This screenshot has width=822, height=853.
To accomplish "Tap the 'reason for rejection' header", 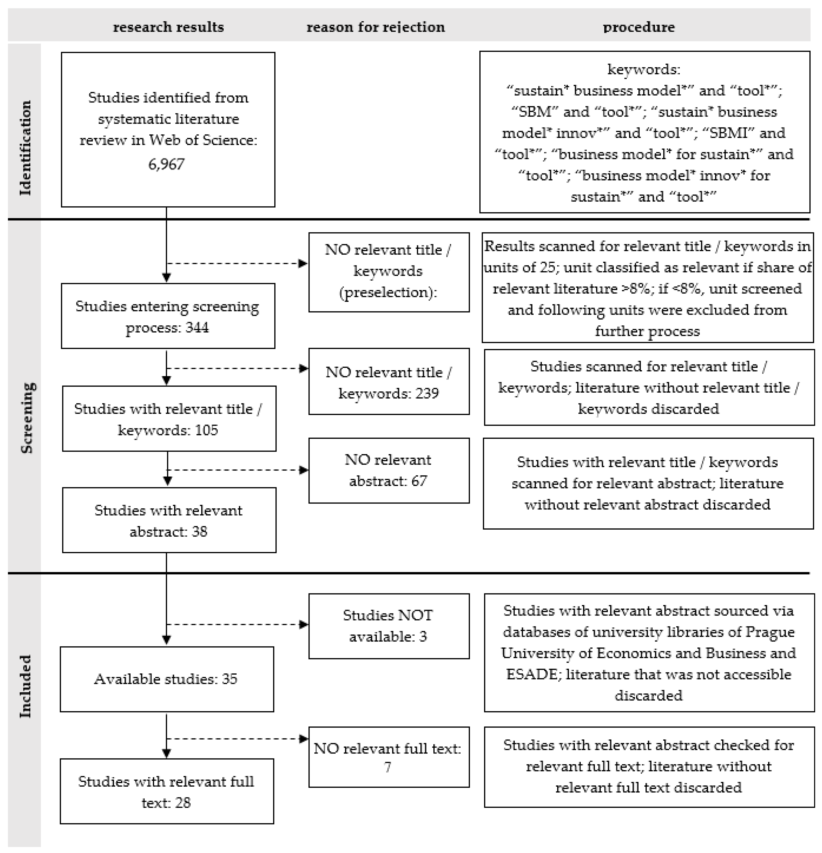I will coord(375,27).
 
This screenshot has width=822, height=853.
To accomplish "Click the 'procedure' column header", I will coord(638,27).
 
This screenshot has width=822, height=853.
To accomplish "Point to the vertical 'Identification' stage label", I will coord(25,148).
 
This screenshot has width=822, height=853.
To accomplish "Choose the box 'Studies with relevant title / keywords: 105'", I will coord(169,419).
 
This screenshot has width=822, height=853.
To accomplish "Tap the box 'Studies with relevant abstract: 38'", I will coord(169,521).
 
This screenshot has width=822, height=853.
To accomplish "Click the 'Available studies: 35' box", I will coord(167,679).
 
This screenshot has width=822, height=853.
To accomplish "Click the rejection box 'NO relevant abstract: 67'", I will coord(388,470).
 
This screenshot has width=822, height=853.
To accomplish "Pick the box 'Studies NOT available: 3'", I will coord(388,626).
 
